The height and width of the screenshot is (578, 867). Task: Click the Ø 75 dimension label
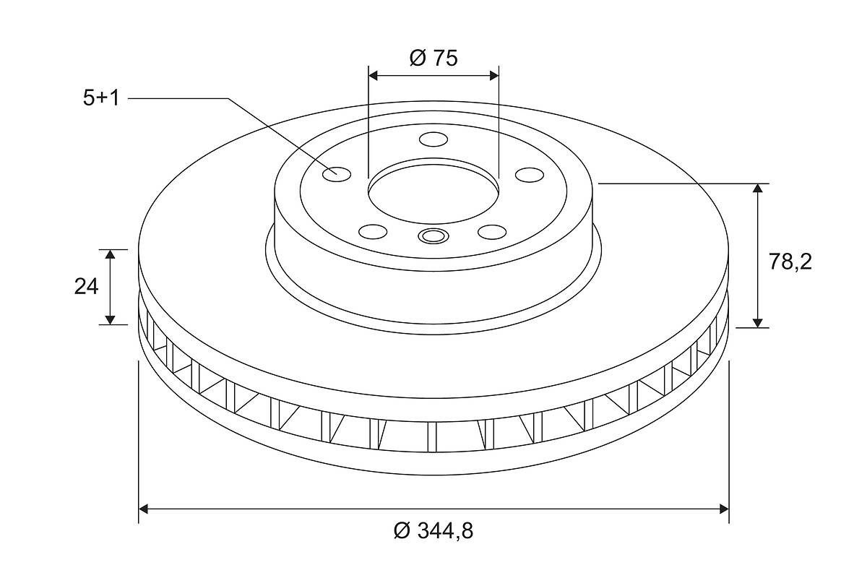pyautogui.click(x=433, y=58)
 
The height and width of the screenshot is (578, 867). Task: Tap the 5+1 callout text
pyautogui.click(x=101, y=98)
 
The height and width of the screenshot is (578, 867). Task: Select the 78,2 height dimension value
pyautogui.click(x=790, y=262)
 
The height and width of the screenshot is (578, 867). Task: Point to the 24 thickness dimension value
pyautogui.click(x=86, y=287)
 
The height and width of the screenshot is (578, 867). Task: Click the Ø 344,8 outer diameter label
pyautogui.click(x=433, y=531)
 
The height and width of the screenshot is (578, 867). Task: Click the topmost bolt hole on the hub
pyautogui.click(x=433, y=139)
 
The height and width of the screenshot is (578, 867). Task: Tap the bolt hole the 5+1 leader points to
pyautogui.click(x=337, y=174)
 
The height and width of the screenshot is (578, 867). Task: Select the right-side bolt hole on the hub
pyautogui.click(x=530, y=175)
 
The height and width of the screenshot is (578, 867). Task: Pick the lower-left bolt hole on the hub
pyautogui.click(x=373, y=232)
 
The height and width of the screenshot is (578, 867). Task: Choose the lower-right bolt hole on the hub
pyautogui.click(x=492, y=232)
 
